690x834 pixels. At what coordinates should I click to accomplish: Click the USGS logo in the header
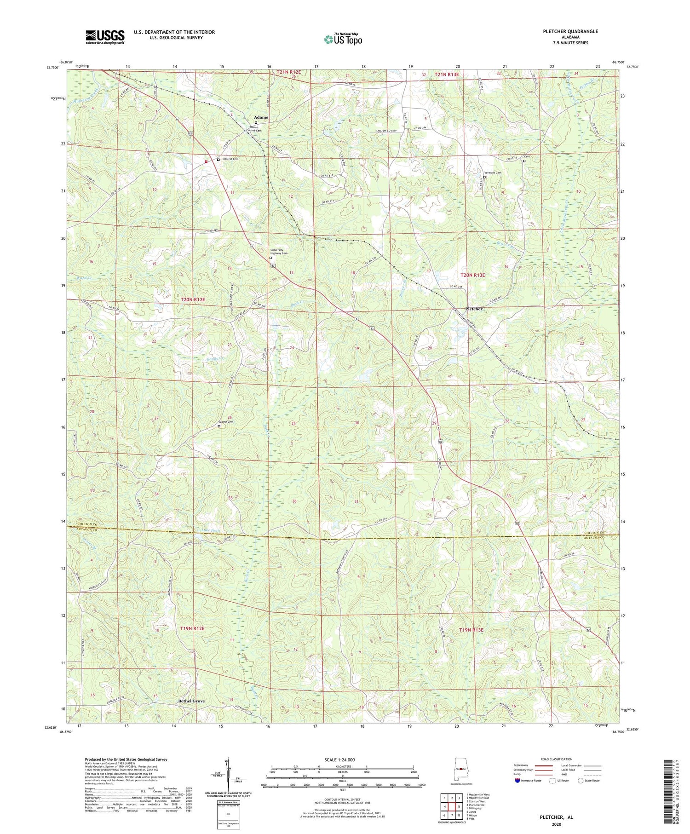[x=105, y=37]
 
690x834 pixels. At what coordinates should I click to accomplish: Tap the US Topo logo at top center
[x=343, y=39]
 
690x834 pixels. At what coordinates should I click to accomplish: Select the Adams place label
[x=260, y=117]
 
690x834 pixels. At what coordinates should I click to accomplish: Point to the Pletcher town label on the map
[x=474, y=309]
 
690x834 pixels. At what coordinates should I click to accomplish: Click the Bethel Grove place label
[x=191, y=701]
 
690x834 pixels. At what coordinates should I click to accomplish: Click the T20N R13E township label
[x=473, y=275]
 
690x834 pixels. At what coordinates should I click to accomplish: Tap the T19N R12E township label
[x=192, y=628]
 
